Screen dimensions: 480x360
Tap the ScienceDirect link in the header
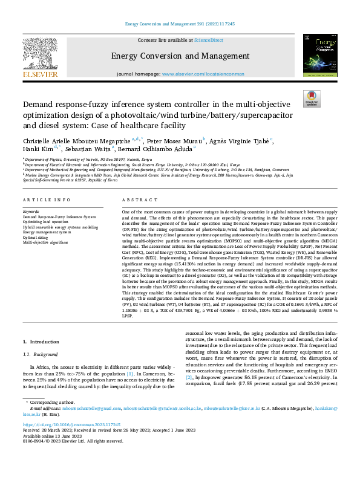(208, 40)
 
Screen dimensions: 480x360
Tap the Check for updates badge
(312, 99)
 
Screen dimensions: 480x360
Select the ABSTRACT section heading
(136, 199)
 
